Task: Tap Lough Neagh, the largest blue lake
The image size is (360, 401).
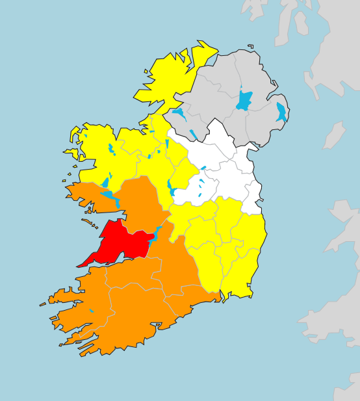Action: [244, 101]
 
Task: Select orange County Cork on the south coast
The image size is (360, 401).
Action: [130, 318]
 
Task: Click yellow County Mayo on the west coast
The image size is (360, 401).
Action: [97, 156]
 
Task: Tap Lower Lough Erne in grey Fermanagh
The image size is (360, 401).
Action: [178, 116]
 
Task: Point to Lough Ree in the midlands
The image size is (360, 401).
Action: [170, 187]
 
